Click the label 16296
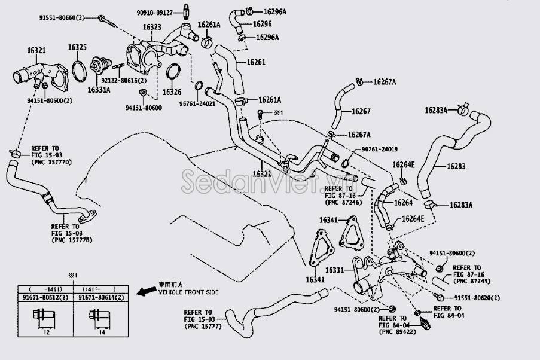(x=262, y=24)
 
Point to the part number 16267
(x=361, y=111)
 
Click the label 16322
(x=262, y=173)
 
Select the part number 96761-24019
(x=380, y=149)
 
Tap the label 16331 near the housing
(x=334, y=270)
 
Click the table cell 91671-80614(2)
(x=99, y=297)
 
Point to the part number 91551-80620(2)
(x=476, y=298)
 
